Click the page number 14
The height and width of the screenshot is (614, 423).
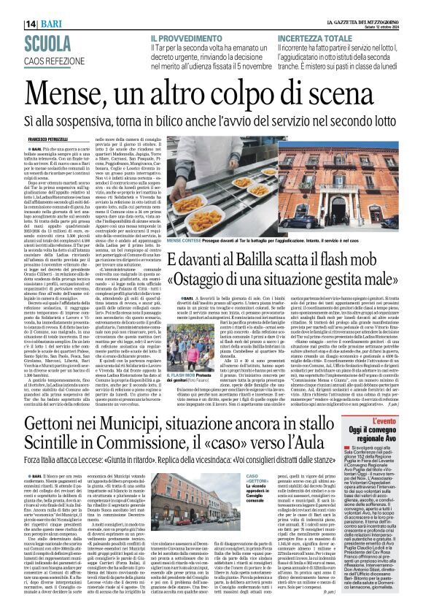(12, 6)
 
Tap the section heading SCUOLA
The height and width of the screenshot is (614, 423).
(32, 23)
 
